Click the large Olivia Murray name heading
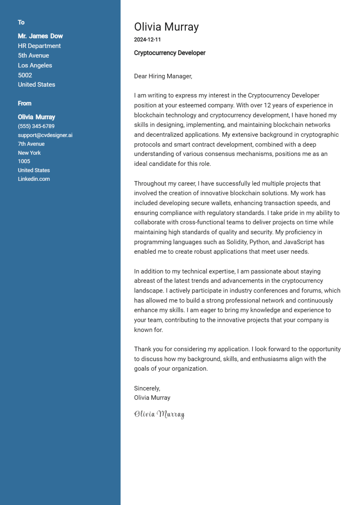[x=166, y=27]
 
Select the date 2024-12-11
[x=147, y=40]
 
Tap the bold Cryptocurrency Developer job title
[x=170, y=53]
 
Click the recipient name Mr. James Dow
[x=40, y=36]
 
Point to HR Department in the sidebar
[x=39, y=46]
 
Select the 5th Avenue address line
[x=33, y=56]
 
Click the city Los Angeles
[x=35, y=65]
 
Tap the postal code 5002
[x=25, y=75]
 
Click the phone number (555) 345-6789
[x=36, y=126]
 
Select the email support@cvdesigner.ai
[x=45, y=135]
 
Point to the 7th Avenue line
[x=31, y=144]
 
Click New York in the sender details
[x=29, y=153]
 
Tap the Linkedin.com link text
[x=34, y=179]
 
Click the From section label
[x=25, y=104]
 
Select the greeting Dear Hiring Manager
[x=163, y=76]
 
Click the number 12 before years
[x=267, y=106]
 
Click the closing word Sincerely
[x=147, y=388]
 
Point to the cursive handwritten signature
[x=159, y=414]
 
